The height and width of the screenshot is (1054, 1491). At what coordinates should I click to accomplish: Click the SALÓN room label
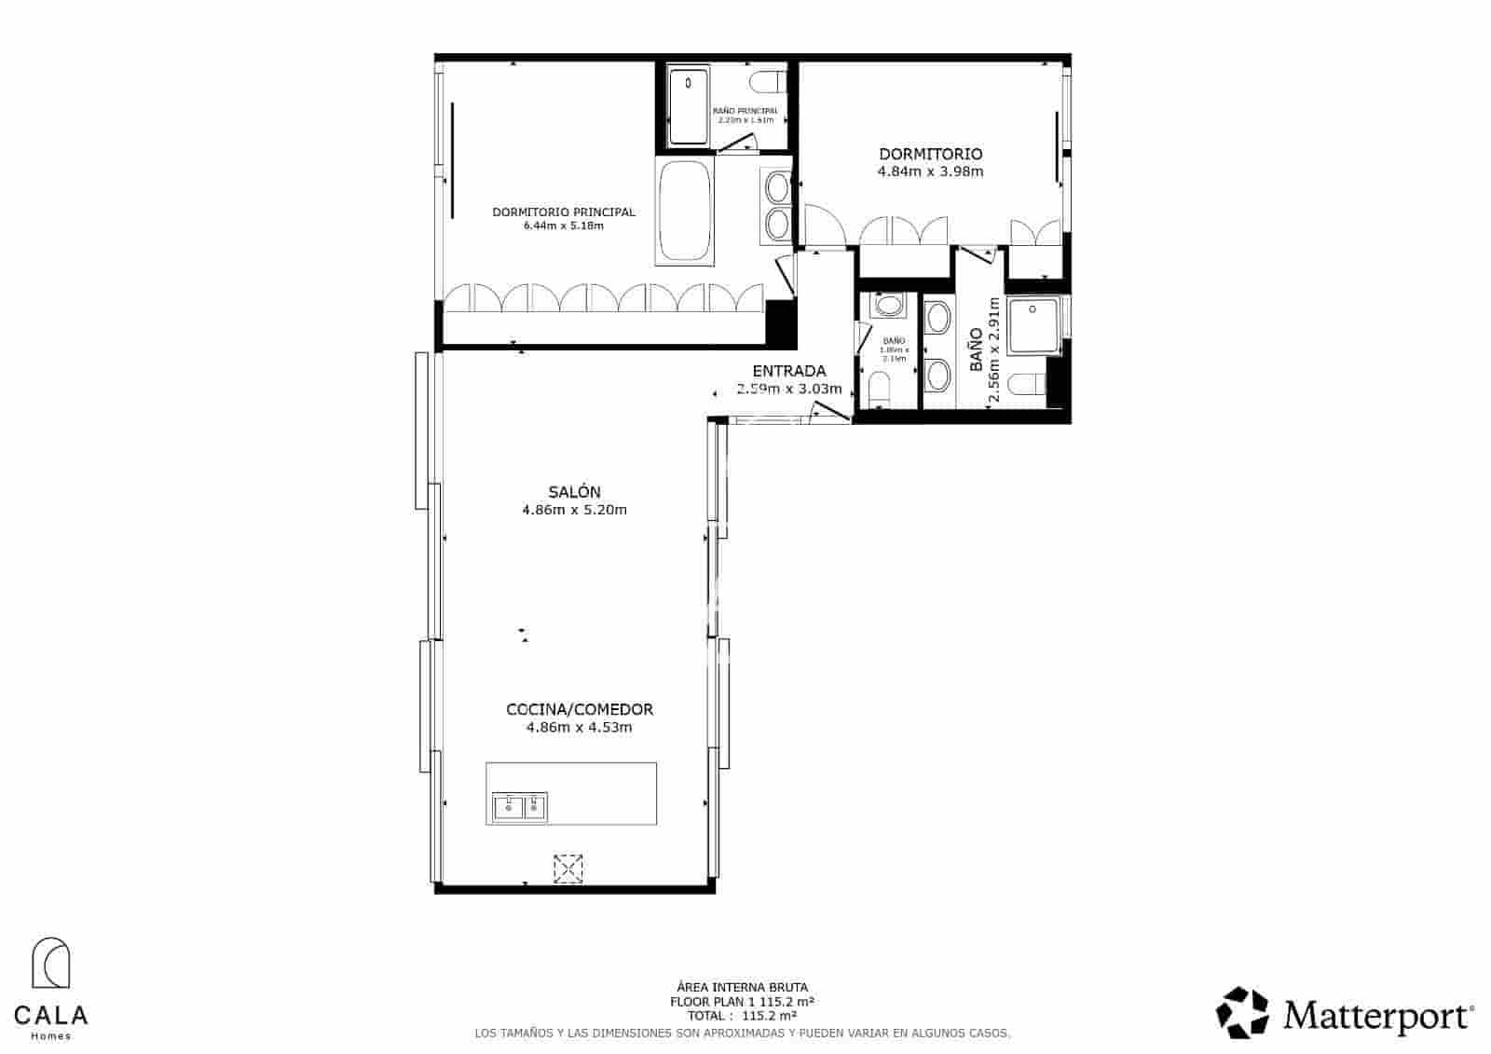click(574, 492)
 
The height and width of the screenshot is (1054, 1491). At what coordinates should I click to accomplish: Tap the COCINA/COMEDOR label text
click(579, 709)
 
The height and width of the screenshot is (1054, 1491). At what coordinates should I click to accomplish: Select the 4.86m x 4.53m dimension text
click(579, 728)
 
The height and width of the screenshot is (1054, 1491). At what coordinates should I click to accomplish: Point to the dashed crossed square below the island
click(568, 869)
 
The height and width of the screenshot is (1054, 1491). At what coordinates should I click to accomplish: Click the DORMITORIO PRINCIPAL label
click(564, 212)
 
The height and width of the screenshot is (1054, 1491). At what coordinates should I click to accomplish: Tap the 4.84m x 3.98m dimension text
click(930, 171)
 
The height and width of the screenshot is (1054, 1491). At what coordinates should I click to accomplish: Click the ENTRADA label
click(788, 371)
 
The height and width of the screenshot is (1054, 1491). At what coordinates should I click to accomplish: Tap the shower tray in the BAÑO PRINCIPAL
click(689, 105)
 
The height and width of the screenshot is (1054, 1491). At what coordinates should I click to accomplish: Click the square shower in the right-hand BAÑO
click(1034, 325)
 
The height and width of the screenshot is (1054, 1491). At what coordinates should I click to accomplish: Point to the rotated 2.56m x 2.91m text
click(993, 349)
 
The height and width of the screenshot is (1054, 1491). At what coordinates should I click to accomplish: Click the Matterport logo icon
click(1243, 1013)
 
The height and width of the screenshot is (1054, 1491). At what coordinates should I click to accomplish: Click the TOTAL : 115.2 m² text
click(742, 1015)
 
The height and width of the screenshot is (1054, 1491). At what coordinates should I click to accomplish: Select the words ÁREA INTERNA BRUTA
click(742, 987)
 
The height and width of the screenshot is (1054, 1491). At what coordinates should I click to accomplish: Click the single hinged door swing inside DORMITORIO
click(824, 226)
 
